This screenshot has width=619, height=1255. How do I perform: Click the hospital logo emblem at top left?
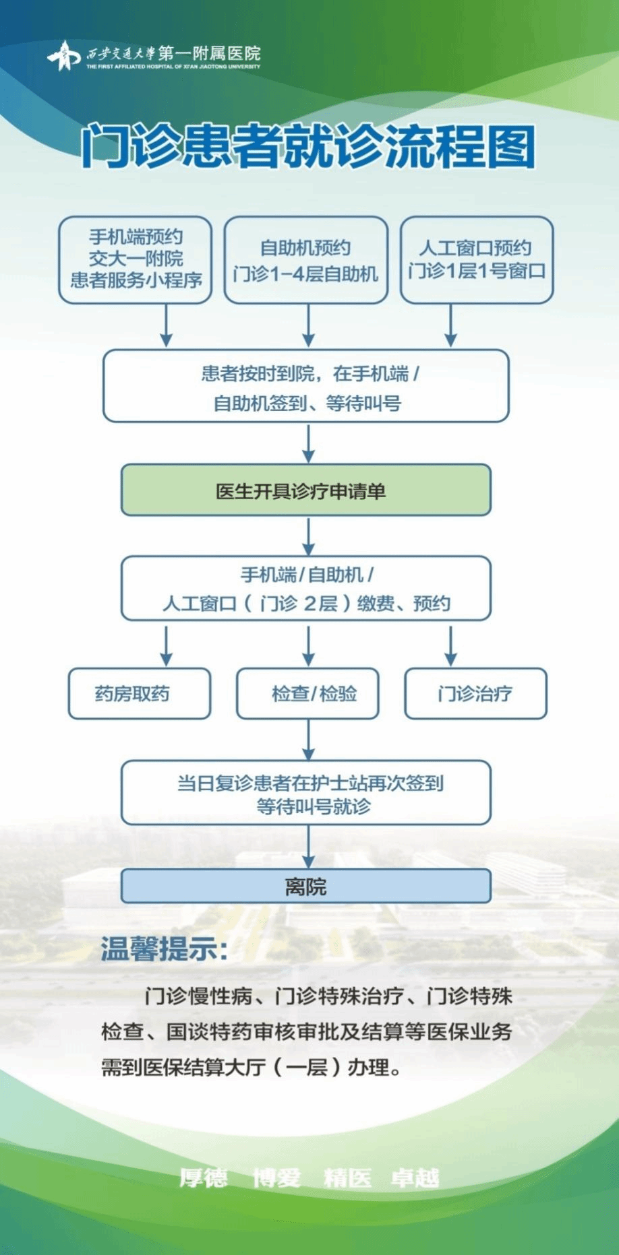click(x=63, y=55)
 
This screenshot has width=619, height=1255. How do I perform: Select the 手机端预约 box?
click(x=136, y=259)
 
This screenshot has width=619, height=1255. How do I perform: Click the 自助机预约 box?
click(x=306, y=259)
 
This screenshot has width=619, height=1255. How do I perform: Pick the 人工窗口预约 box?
click(x=477, y=259)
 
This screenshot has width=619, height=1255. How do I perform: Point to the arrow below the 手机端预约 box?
click(x=166, y=325)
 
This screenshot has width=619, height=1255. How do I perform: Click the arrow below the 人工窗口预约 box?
click(x=450, y=325)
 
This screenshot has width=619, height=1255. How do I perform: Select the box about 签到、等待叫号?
click(x=306, y=386)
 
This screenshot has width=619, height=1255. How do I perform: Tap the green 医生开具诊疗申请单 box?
click(x=306, y=490)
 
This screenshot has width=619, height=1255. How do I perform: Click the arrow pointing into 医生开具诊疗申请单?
click(x=308, y=443)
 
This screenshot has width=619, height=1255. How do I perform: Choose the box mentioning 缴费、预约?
click(x=306, y=588)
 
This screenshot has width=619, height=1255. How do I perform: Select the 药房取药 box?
click(x=140, y=693)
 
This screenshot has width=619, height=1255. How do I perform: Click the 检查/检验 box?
click(x=307, y=693)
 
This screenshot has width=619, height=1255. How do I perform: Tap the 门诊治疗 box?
click(x=475, y=693)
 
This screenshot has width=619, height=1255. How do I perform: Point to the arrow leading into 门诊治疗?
click(x=450, y=645)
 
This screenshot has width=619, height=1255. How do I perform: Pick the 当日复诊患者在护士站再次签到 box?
click(x=306, y=793)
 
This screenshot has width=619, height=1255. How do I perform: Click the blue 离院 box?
click(x=306, y=886)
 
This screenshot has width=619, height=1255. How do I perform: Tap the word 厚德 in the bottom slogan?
click(x=204, y=1178)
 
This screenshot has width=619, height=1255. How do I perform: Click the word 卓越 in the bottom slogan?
click(x=415, y=1178)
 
